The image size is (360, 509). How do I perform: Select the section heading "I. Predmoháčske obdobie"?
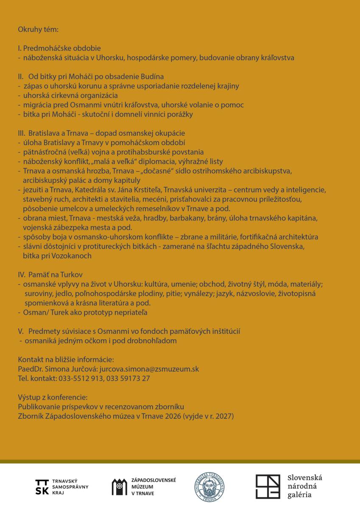pyautogui.click(x=59, y=48)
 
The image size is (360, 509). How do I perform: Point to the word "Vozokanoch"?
pyautogui.click(x=74, y=256)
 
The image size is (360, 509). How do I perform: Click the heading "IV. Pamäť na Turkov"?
pyautogui.click(x=53, y=275)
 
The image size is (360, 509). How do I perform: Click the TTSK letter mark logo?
pyautogui.click(x=42, y=487)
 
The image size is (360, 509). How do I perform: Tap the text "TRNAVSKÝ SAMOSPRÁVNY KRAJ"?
pyautogui.click(x=70, y=487)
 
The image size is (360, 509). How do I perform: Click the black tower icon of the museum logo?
pyautogui.click(x=119, y=487)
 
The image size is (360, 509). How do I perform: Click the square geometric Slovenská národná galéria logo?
pyautogui.click(x=268, y=487)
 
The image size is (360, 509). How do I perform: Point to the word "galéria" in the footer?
pyautogui.click(x=299, y=495)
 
